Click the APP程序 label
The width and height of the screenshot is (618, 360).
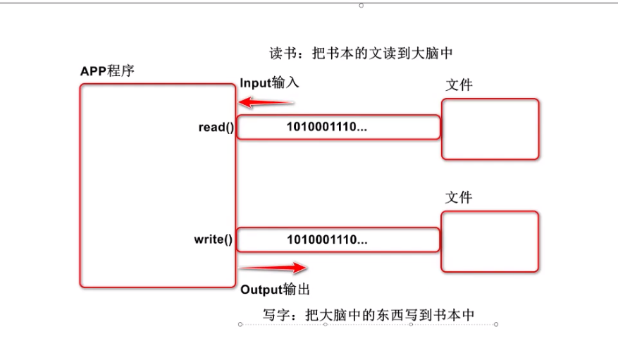point(107,72)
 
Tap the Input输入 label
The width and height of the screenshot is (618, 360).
point(270,82)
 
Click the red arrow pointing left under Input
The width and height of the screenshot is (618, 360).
point(266,103)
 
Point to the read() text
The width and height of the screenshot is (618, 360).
point(216,128)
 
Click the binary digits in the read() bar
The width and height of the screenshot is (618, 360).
point(327,128)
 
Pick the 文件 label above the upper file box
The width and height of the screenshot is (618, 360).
point(459,85)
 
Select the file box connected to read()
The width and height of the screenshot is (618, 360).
point(490,129)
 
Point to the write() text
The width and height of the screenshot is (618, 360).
point(214,239)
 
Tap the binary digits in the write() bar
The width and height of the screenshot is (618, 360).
point(327,239)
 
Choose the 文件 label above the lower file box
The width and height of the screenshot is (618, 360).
point(459,198)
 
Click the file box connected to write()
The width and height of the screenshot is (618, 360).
point(490,242)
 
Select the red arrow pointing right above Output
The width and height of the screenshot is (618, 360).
point(273,268)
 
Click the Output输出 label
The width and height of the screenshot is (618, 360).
point(276,289)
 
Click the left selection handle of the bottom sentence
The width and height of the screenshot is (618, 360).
point(240,325)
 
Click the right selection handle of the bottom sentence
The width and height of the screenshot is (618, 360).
point(496,325)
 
